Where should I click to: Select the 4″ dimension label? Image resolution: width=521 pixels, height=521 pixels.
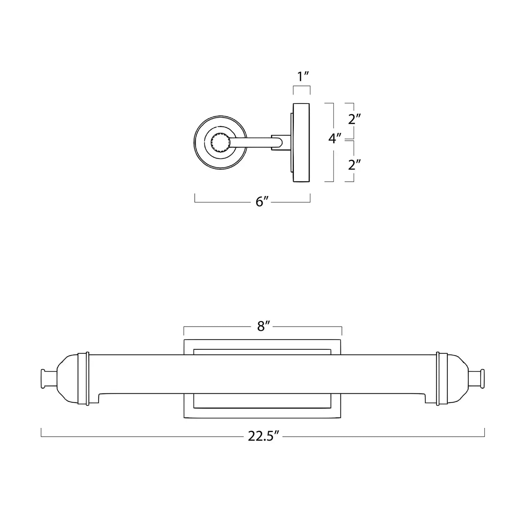(x=334, y=139)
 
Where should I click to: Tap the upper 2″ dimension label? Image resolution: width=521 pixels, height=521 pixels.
(x=354, y=119)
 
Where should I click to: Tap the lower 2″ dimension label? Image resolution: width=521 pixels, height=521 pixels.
(x=354, y=165)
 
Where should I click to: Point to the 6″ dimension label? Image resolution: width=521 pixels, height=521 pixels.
(x=263, y=201)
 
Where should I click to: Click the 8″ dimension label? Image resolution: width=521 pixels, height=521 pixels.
(x=264, y=326)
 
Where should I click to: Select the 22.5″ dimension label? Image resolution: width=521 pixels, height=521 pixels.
(x=264, y=436)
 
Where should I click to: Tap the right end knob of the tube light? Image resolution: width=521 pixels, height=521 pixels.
(x=477, y=379)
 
